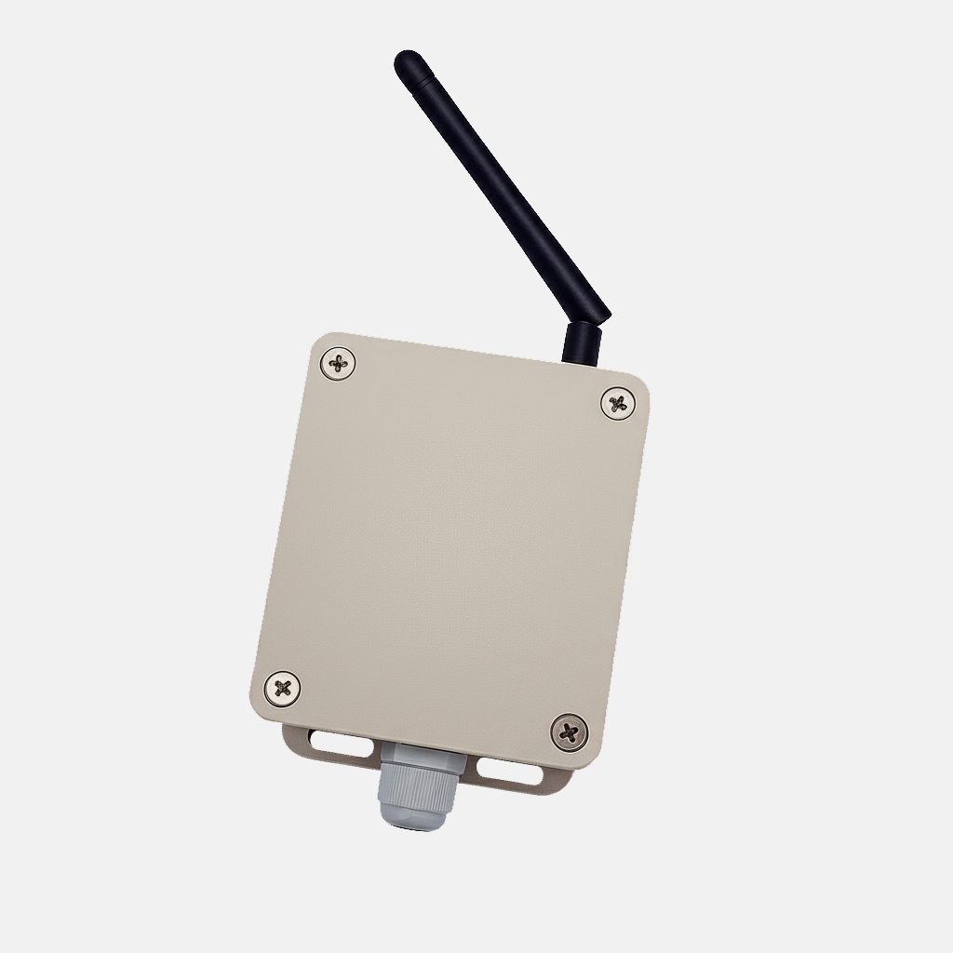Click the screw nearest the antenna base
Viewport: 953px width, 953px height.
tap(615, 403)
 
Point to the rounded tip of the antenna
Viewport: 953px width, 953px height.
tap(404, 60)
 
